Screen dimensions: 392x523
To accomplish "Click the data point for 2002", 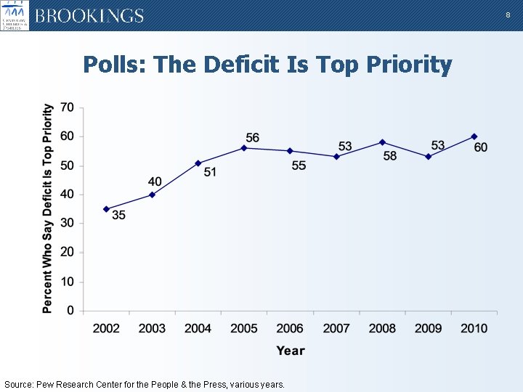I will pyautogui.click(x=106, y=209).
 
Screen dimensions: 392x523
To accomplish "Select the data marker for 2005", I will pyautogui.click(x=244, y=148).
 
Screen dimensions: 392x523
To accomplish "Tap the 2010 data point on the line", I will pyautogui.click(x=474, y=136).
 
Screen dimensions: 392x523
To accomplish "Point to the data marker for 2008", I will pyautogui.click(x=382, y=142).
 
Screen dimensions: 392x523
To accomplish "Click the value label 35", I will pyautogui.click(x=118, y=215).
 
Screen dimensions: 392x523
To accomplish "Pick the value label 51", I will pyautogui.click(x=210, y=172).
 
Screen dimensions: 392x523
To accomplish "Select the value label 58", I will pyautogui.click(x=390, y=156).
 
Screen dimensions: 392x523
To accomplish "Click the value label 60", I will pyautogui.click(x=480, y=147).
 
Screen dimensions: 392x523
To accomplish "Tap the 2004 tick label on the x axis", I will pyautogui.click(x=198, y=328).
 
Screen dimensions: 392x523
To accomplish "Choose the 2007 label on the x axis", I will pyautogui.click(x=336, y=328).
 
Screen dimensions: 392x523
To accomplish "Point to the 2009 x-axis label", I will pyautogui.click(x=428, y=328).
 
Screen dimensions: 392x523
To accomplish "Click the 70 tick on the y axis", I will pyautogui.click(x=67, y=107).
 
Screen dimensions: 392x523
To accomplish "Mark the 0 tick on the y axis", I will pyautogui.click(x=70, y=311).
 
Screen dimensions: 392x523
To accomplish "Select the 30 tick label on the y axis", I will pyautogui.click(x=67, y=224).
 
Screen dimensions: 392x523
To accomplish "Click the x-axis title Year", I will pyautogui.click(x=291, y=351).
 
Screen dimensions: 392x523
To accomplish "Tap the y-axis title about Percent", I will pyautogui.click(x=48, y=209).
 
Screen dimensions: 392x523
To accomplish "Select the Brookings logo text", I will pyautogui.click(x=89, y=16).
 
